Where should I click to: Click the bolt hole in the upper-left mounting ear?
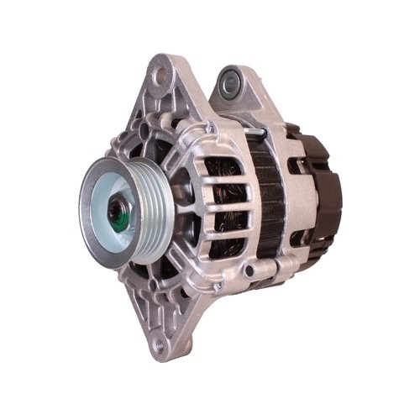tap(157, 76)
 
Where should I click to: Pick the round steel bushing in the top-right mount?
tap(229, 82)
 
